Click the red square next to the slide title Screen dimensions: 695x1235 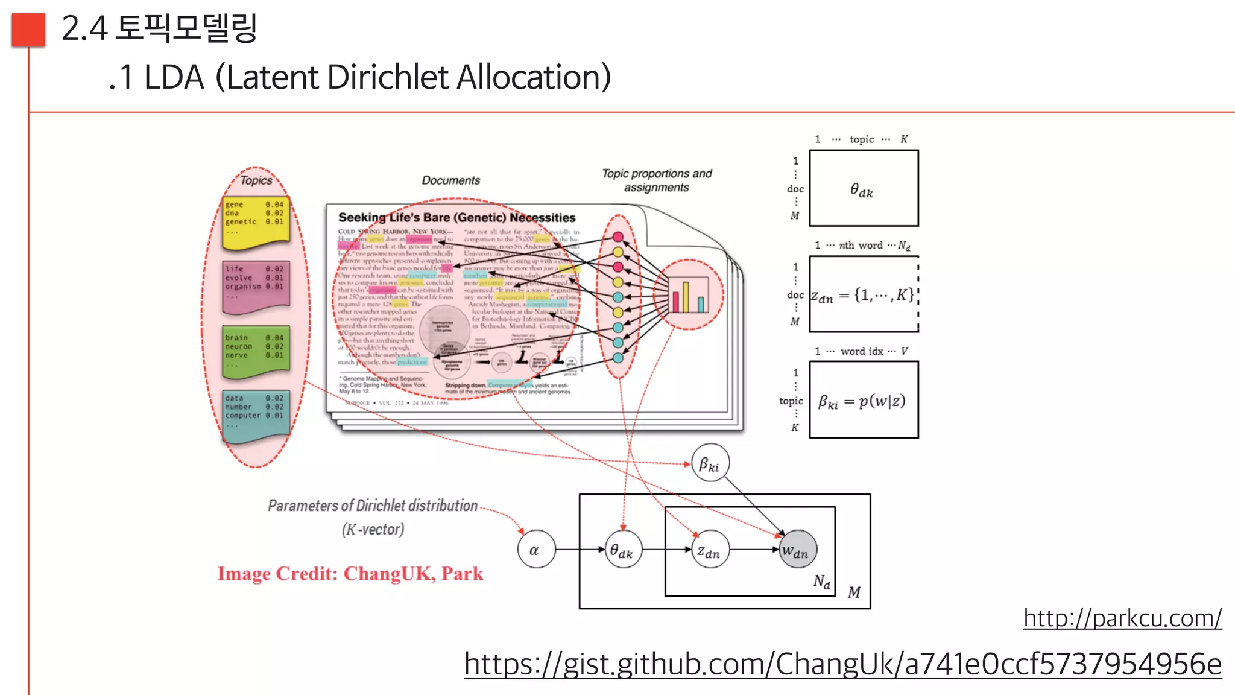pyautogui.click(x=28, y=30)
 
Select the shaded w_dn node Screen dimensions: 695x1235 pyautogui.click(x=797, y=550)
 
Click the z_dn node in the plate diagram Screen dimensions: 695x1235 pyautogui.click(x=710, y=550)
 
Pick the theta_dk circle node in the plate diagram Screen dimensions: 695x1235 pyautogui.click(x=623, y=550)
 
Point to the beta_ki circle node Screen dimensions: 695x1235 pyautogui.click(x=710, y=463)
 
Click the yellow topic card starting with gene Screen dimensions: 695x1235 pyautogui.click(x=256, y=222)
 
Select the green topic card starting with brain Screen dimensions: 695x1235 pyautogui.click(x=256, y=352)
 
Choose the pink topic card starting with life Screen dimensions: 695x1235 pyautogui.click(x=256, y=286)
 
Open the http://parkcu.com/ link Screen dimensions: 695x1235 pyautogui.click(x=1122, y=618)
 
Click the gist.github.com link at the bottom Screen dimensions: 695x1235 pyautogui.click(x=842, y=664)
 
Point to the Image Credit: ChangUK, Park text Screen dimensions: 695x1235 pyautogui.click(x=350, y=573)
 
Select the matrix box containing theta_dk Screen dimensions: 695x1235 pyautogui.click(x=864, y=188)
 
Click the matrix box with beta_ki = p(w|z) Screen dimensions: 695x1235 pyautogui.click(x=864, y=400)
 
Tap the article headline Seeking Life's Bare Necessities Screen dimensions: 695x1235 pyautogui.click(x=456, y=217)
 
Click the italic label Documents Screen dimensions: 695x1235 pyautogui.click(x=450, y=180)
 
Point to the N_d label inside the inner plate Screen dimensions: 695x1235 pyautogui.click(x=821, y=582)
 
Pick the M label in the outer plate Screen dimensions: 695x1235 pyautogui.click(x=854, y=592)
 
